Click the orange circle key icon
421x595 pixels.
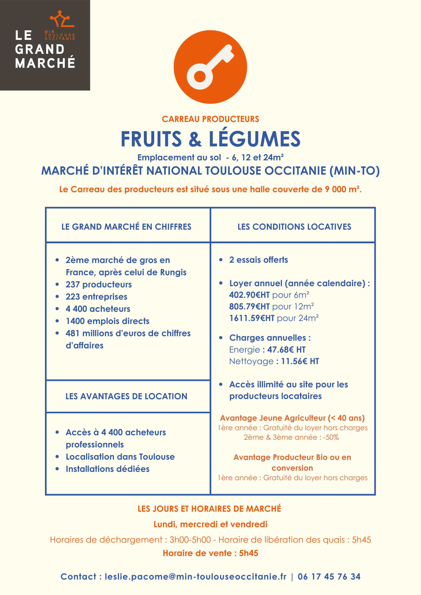pyautogui.click(x=210, y=67)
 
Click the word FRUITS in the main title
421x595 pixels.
pyautogui.click(x=151, y=139)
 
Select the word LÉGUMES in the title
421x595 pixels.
pyautogui.click(x=255, y=139)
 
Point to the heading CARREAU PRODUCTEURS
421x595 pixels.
pyautogui.click(x=210, y=119)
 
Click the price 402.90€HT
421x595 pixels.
pyautogui.click(x=249, y=295)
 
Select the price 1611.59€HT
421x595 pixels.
pyautogui.click(x=252, y=318)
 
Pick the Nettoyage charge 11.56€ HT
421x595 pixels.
pyautogui.click(x=300, y=361)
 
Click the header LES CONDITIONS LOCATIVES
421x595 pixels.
pyautogui.click(x=294, y=227)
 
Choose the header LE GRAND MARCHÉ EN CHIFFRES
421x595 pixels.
pyautogui.click(x=126, y=227)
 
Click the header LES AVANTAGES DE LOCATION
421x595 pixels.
pyautogui.click(x=126, y=396)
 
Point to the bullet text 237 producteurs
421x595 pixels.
pyautogui.click(x=99, y=284)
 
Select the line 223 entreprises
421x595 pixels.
pyautogui.click(x=96, y=297)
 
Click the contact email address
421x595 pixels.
pyautogui.click(x=195, y=577)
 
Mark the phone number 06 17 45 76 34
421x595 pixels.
pyautogui.click(x=329, y=577)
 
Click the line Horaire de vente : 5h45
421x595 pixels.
pyautogui.click(x=210, y=553)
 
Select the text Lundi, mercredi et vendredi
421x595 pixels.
pyautogui.click(x=210, y=524)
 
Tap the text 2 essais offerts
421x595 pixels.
pyautogui.click(x=258, y=260)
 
